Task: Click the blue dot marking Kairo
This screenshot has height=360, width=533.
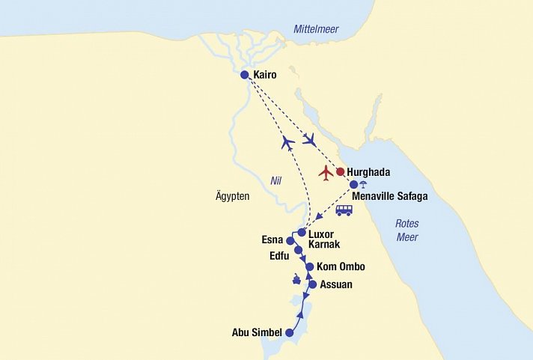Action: click(244, 75)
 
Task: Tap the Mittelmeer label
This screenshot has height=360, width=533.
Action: click(315, 29)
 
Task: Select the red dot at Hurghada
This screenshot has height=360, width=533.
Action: click(340, 171)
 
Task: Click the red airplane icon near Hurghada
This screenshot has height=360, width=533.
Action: click(326, 173)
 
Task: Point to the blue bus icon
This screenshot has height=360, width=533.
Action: click(344, 210)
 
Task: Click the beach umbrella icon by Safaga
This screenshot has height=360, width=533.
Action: click(363, 185)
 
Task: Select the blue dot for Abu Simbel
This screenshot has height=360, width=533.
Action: click(289, 333)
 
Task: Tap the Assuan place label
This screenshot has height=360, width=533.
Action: click(335, 284)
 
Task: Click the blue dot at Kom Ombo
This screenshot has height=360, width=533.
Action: click(309, 266)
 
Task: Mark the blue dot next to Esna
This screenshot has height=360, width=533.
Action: click(290, 241)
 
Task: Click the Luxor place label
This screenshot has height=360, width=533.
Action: click(322, 234)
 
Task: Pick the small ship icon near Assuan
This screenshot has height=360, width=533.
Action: click(297, 281)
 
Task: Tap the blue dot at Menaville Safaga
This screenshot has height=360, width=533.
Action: click(354, 184)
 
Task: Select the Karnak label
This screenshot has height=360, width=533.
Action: click(324, 245)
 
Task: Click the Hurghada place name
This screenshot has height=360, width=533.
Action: click(369, 172)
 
